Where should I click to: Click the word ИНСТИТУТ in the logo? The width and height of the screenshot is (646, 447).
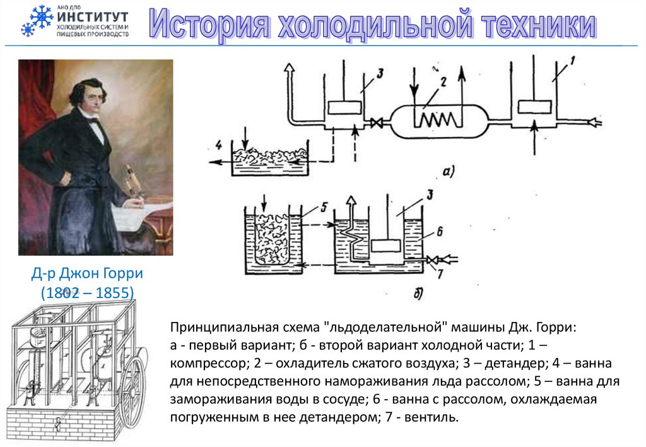point(92,17)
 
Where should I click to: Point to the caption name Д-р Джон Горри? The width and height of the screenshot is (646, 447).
point(88,274)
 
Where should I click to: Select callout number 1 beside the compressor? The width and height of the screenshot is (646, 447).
point(572,62)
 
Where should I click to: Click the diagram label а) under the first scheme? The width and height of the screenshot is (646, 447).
point(447,170)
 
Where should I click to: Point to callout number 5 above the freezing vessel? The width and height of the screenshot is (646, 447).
point(323,206)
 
